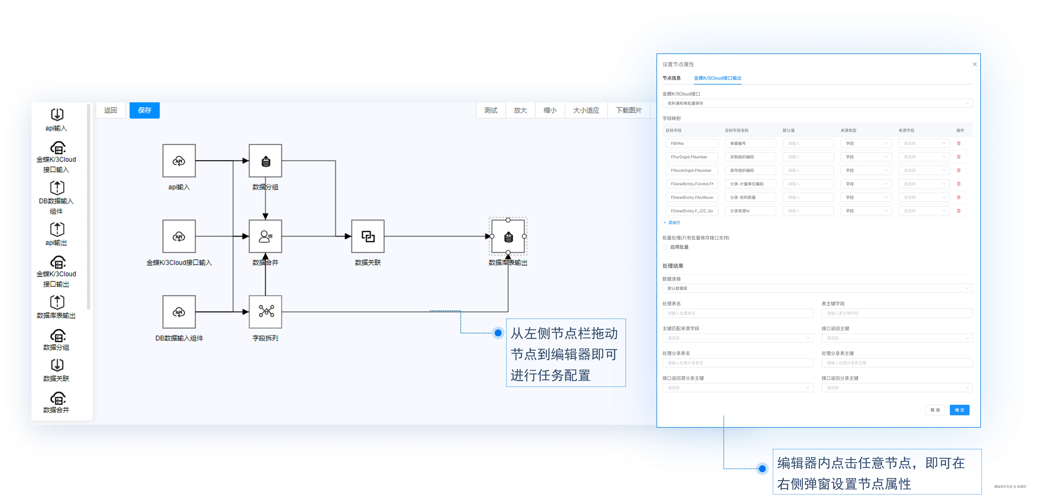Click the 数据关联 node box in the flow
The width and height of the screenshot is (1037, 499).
click(368, 236)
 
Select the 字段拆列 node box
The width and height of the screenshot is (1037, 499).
click(265, 312)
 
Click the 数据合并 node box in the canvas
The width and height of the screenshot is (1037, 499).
click(265, 236)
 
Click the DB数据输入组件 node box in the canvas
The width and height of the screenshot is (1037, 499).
click(179, 312)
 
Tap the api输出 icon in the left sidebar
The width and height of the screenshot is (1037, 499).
click(57, 229)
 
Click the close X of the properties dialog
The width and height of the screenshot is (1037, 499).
click(975, 64)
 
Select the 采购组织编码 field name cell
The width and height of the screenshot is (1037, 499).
click(750, 157)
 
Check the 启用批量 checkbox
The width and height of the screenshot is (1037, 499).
click(665, 247)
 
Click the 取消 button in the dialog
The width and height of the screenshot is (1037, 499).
click(935, 410)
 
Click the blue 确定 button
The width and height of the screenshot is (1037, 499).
click(959, 410)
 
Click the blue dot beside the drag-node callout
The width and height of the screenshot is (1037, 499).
click(498, 333)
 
